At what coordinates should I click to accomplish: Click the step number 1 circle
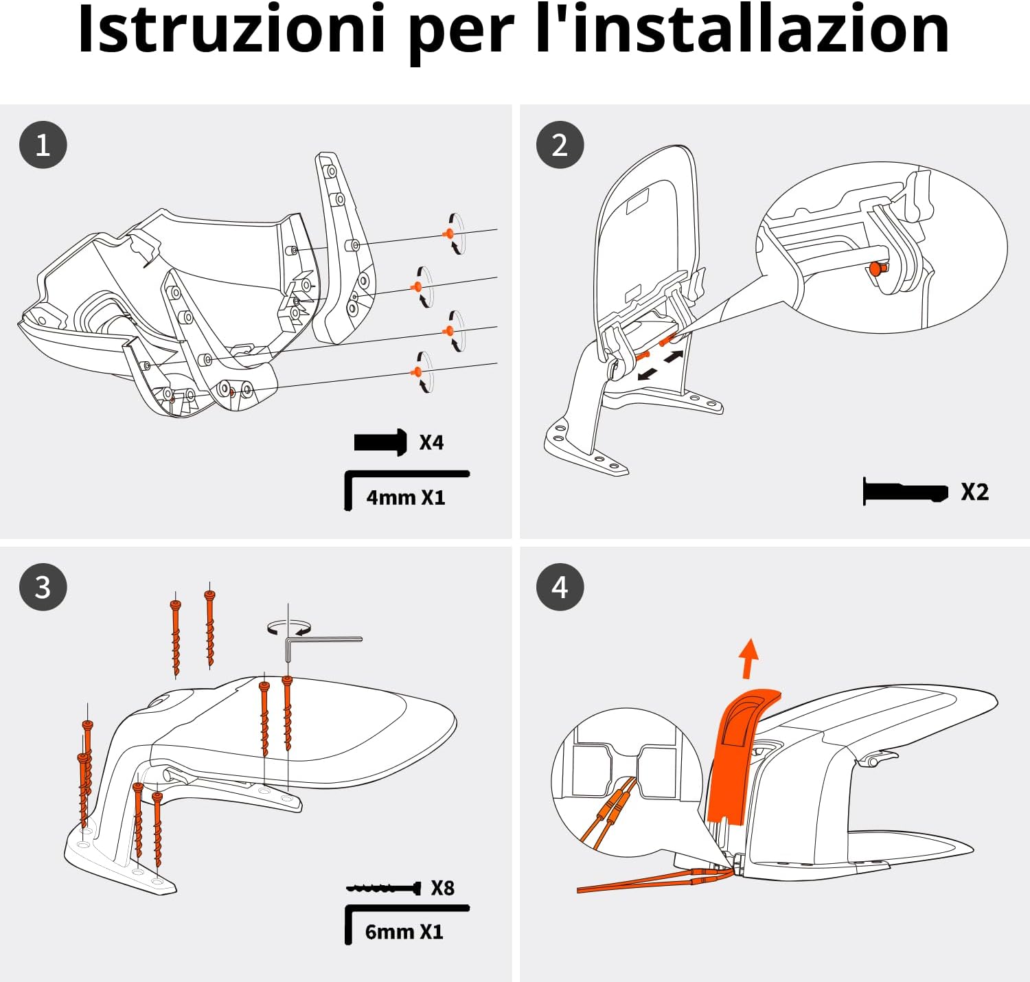(x=43, y=145)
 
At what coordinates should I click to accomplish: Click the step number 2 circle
(x=560, y=145)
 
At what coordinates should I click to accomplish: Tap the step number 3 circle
(x=43, y=587)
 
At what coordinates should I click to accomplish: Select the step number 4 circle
(x=560, y=587)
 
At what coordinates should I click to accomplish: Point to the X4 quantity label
(x=431, y=443)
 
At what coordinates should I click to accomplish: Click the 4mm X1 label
(x=406, y=497)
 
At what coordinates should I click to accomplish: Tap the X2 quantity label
(x=975, y=492)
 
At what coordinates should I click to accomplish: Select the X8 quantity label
(x=442, y=888)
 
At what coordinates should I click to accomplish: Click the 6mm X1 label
(x=404, y=931)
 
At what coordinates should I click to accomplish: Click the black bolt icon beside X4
(x=380, y=443)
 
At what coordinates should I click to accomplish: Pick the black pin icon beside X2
(x=905, y=492)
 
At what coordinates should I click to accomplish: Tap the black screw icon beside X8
(x=383, y=888)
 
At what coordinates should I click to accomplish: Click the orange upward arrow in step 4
(x=749, y=659)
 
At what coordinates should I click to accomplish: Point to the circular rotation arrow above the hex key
(x=289, y=628)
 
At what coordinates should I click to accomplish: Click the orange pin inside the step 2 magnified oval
(x=876, y=269)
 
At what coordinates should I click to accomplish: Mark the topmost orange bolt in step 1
(x=448, y=233)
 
